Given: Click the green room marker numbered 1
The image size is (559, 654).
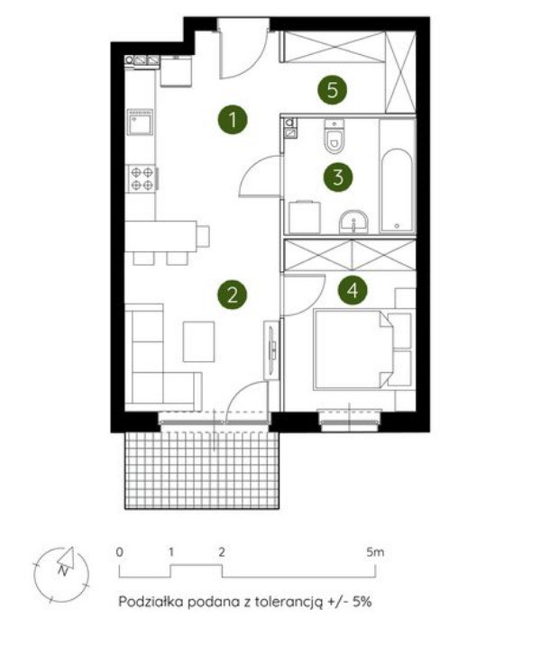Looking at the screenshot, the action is tap(233, 120).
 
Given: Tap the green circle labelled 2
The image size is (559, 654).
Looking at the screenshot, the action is tap(232, 295).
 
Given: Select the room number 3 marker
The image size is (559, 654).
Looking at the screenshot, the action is tap(338, 177).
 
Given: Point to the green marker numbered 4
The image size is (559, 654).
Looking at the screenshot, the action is tap(353, 290).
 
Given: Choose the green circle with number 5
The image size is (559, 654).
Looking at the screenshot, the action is tap(333, 90).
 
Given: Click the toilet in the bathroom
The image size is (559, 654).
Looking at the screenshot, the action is tap(334, 136).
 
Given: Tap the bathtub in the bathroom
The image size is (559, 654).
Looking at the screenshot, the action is tap(397, 190).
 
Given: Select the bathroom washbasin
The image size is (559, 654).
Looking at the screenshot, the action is tap(354, 222).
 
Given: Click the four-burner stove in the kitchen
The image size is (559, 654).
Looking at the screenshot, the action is tap(142, 178).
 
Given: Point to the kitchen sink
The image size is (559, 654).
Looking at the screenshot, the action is tap(141, 122).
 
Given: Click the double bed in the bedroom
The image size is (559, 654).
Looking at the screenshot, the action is tap(354, 350).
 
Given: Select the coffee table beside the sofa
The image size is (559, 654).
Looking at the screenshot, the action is tap(198, 341).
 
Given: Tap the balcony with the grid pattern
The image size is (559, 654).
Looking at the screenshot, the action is tap(202, 470).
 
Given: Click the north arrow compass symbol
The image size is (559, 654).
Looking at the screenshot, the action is tap(62, 575).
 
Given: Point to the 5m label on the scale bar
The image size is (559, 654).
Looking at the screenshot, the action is tap(375, 552).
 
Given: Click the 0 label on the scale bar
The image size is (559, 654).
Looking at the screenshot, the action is tap(120, 552).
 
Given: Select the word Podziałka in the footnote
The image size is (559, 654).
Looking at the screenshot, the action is tap(151, 602).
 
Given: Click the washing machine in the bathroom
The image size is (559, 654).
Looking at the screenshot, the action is tap(305, 217).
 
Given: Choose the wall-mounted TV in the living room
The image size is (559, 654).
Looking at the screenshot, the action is tap(272, 350).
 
